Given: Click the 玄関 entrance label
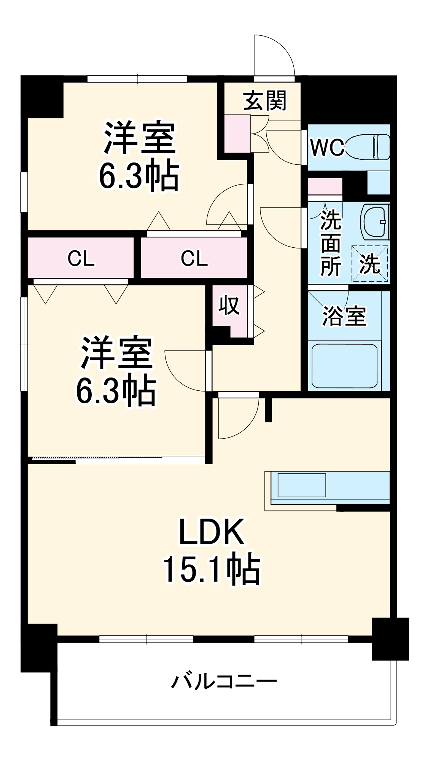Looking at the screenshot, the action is pos(265,101).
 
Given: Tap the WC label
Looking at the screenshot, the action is pos(327,147).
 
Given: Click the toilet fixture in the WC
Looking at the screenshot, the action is pos(368,147).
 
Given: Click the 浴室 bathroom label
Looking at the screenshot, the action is pos(344,315).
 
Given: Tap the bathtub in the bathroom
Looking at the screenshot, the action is pos(345,365).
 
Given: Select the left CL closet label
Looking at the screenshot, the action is pos(81,259).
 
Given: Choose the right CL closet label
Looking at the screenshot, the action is pos(194,259).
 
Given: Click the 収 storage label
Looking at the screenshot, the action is pos(229,305).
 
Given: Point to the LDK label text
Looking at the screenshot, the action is pos(212,532).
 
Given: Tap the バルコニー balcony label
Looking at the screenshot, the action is pos(224,681).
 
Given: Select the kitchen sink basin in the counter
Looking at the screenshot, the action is pos(302,485).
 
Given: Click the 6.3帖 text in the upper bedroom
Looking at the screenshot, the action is pos(139,177).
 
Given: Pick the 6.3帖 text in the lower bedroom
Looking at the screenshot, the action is pos(116,391).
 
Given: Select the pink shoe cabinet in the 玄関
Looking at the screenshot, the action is pos(237,134).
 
